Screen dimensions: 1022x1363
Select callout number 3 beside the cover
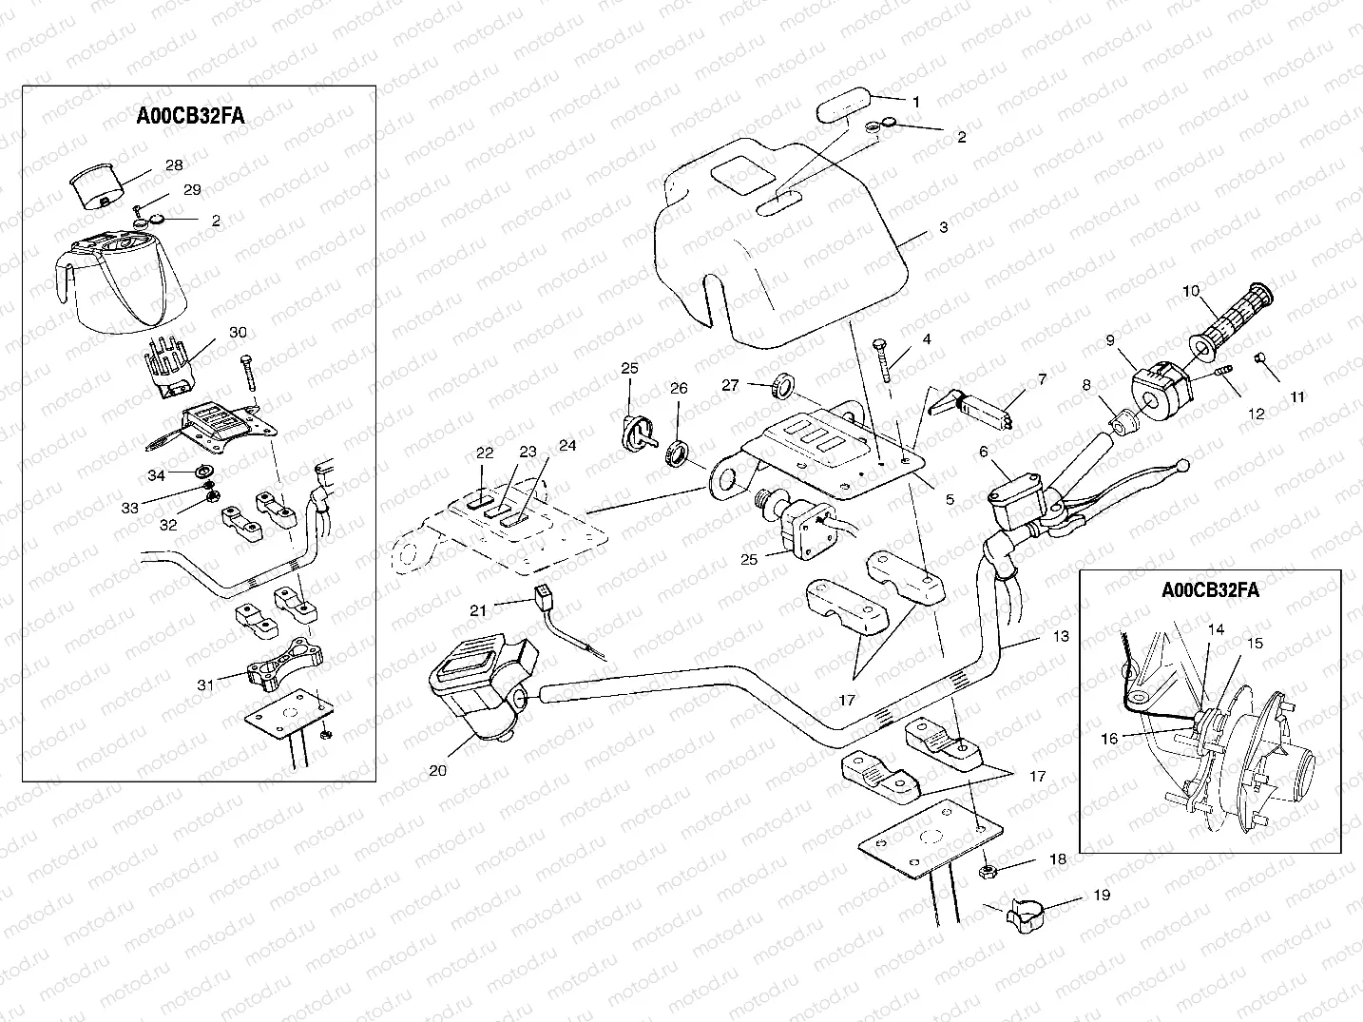pyautogui.click(x=943, y=228)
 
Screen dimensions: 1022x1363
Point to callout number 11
pyautogui.click(x=1297, y=397)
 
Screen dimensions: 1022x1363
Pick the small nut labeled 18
pyautogui.click(x=987, y=869)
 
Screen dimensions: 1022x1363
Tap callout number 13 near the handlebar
pyautogui.click(x=1062, y=636)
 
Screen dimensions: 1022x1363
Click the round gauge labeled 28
pyautogui.click(x=95, y=186)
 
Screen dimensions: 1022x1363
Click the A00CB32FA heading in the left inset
pyautogui.click(x=190, y=116)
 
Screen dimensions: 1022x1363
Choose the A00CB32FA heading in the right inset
pyautogui.click(x=1210, y=589)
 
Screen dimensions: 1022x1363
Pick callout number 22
pyautogui.click(x=485, y=453)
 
